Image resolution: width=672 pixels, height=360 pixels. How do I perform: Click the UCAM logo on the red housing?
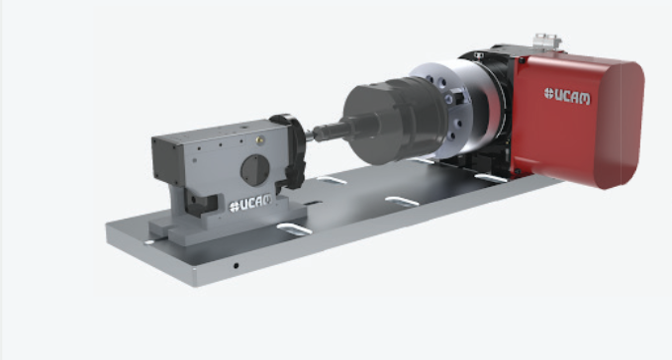coord(566,96)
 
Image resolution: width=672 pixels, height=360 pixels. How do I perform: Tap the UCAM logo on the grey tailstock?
coord(250,203)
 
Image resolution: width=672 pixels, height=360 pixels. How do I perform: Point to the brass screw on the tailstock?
coord(259,139)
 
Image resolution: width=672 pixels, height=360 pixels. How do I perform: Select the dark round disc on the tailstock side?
coord(255,170)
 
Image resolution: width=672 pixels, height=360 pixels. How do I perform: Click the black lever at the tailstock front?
coord(292,150)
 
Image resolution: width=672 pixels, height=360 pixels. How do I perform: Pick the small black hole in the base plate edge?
coord(236,266)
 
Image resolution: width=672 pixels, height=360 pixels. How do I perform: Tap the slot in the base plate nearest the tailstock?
coord(294,229)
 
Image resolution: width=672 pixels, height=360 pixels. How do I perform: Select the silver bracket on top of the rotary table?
coord(547,42)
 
